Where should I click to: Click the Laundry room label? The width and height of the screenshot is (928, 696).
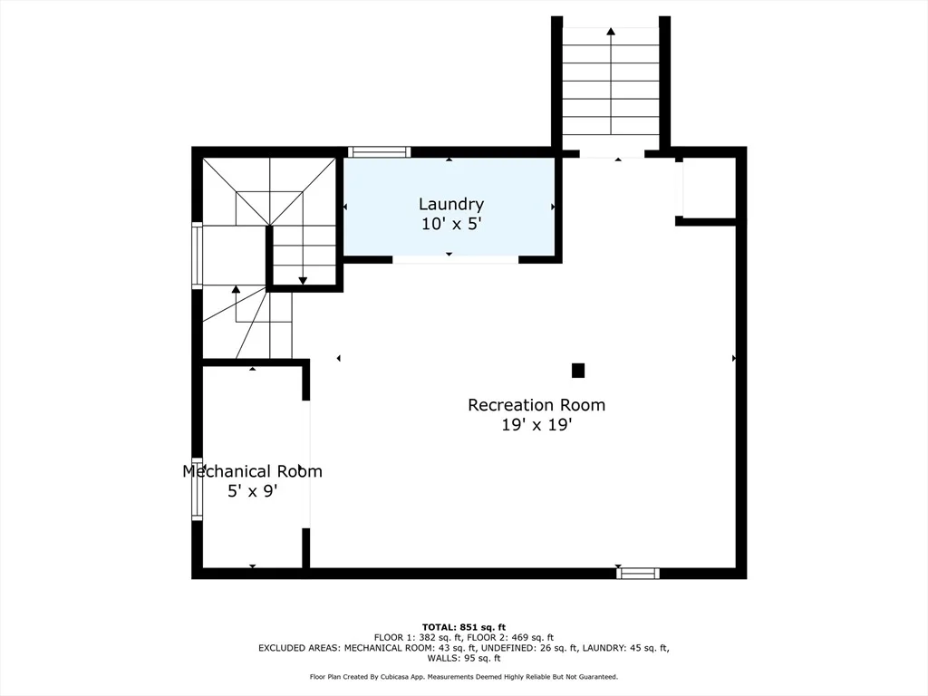pos(451,205)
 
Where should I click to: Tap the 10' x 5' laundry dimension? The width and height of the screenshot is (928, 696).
pos(451,224)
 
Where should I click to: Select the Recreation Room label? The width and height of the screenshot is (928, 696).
pos(536,405)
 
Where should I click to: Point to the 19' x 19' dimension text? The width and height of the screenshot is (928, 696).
pos(536,424)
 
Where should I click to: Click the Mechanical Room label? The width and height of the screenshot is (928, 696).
pos(252,471)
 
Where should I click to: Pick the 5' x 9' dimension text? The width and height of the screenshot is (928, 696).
pos(252,490)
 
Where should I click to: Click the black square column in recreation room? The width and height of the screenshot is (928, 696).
pos(578,371)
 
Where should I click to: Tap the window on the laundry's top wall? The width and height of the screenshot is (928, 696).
pos(380,151)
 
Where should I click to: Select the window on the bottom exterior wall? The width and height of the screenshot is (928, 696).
pos(637,573)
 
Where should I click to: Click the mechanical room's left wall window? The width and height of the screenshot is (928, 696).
pos(197,488)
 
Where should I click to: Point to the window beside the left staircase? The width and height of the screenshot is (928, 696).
pos(197,255)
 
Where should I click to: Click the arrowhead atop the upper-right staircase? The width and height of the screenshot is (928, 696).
pos(611,31)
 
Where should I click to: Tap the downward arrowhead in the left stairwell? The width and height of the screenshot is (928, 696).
pos(303,281)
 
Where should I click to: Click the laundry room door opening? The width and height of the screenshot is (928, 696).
pos(455,259)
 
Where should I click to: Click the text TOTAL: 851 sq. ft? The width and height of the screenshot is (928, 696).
pos(464,627)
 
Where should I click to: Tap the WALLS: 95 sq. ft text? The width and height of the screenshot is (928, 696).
pos(464,658)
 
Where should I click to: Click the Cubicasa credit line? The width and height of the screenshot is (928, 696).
pos(464,676)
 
